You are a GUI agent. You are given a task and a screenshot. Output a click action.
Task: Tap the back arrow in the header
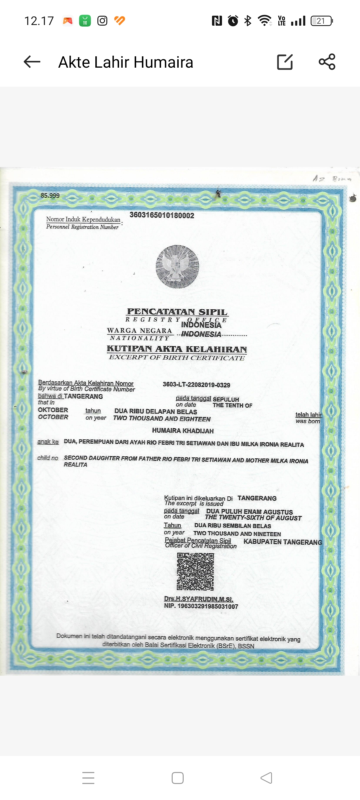pyautogui.click(x=32, y=62)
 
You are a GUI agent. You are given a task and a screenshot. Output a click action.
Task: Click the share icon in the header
pyautogui.click(x=327, y=62)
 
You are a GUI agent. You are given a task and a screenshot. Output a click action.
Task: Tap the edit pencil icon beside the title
pyautogui.click(x=285, y=62)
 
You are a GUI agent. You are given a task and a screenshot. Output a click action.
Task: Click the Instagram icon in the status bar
pyautogui.click(x=102, y=21)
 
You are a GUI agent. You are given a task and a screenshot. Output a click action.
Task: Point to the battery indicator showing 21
pyautogui.click(x=321, y=21)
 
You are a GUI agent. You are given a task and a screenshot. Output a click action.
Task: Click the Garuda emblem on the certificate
pyautogui.click(x=177, y=266)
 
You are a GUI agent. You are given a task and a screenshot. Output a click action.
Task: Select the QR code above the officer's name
pyautogui.click(x=195, y=571)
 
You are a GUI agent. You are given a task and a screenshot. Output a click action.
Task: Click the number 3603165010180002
pyautogui.click(x=162, y=215)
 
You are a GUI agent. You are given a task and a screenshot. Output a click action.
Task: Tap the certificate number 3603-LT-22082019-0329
pyautogui.click(x=196, y=385)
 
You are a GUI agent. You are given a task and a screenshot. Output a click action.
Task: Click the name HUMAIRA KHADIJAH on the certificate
pyautogui.click(x=183, y=431)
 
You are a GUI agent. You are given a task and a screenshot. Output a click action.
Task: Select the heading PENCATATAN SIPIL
pyautogui.click(x=177, y=312)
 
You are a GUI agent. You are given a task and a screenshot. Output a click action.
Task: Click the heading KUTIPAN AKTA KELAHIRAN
pyautogui.click(x=177, y=349)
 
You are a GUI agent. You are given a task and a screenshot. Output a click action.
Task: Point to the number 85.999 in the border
pyautogui.click(x=50, y=195)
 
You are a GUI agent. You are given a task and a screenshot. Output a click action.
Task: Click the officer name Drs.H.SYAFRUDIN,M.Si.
pyautogui.click(x=198, y=599)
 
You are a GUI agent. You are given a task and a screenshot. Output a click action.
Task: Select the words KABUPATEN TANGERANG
pyautogui.click(x=283, y=542)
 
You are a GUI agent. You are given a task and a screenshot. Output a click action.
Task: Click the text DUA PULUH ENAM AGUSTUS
pyautogui.click(x=249, y=512)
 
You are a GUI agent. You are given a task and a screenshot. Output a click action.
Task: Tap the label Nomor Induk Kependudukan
pyautogui.click(x=83, y=219)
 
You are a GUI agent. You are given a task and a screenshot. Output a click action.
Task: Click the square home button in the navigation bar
pyautogui.click(x=178, y=778)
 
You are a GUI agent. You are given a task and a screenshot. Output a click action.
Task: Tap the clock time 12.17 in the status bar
pyautogui.click(x=39, y=21)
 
